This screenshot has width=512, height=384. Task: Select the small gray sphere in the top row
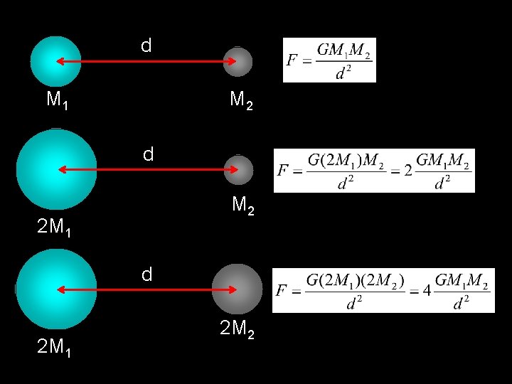click(x=238, y=62)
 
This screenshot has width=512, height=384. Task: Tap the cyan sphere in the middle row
click(x=56, y=169)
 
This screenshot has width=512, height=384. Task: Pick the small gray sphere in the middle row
click(x=238, y=169)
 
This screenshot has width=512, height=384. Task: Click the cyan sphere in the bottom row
click(x=56, y=289)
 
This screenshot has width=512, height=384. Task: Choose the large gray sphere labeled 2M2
click(x=238, y=289)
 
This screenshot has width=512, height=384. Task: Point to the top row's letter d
click(x=146, y=46)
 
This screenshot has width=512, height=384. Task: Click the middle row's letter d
click(x=147, y=154)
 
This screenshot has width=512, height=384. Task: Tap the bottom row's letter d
click(x=147, y=274)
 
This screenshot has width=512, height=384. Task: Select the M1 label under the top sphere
click(x=57, y=100)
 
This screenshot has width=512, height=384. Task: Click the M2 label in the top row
click(x=241, y=102)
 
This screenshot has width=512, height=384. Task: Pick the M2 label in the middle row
click(x=243, y=206)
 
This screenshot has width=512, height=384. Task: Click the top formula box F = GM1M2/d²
click(x=329, y=60)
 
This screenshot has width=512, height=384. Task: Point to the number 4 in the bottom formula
click(x=426, y=290)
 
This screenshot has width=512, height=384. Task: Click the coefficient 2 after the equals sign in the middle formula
click(x=407, y=171)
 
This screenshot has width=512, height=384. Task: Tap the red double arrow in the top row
click(x=146, y=62)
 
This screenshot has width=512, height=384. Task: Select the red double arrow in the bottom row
click(x=146, y=289)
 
